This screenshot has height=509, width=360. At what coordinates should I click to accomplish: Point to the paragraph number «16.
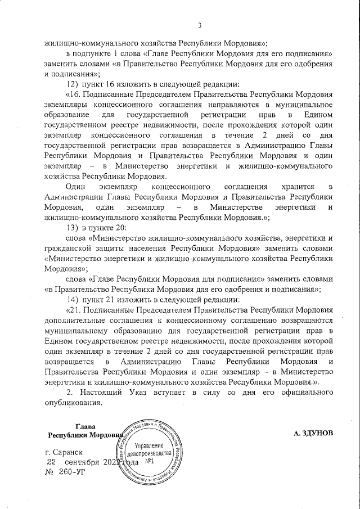[75, 94]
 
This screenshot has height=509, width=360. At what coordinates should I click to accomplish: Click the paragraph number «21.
[75, 309]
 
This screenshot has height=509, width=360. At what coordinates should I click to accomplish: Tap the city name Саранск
[71, 452]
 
